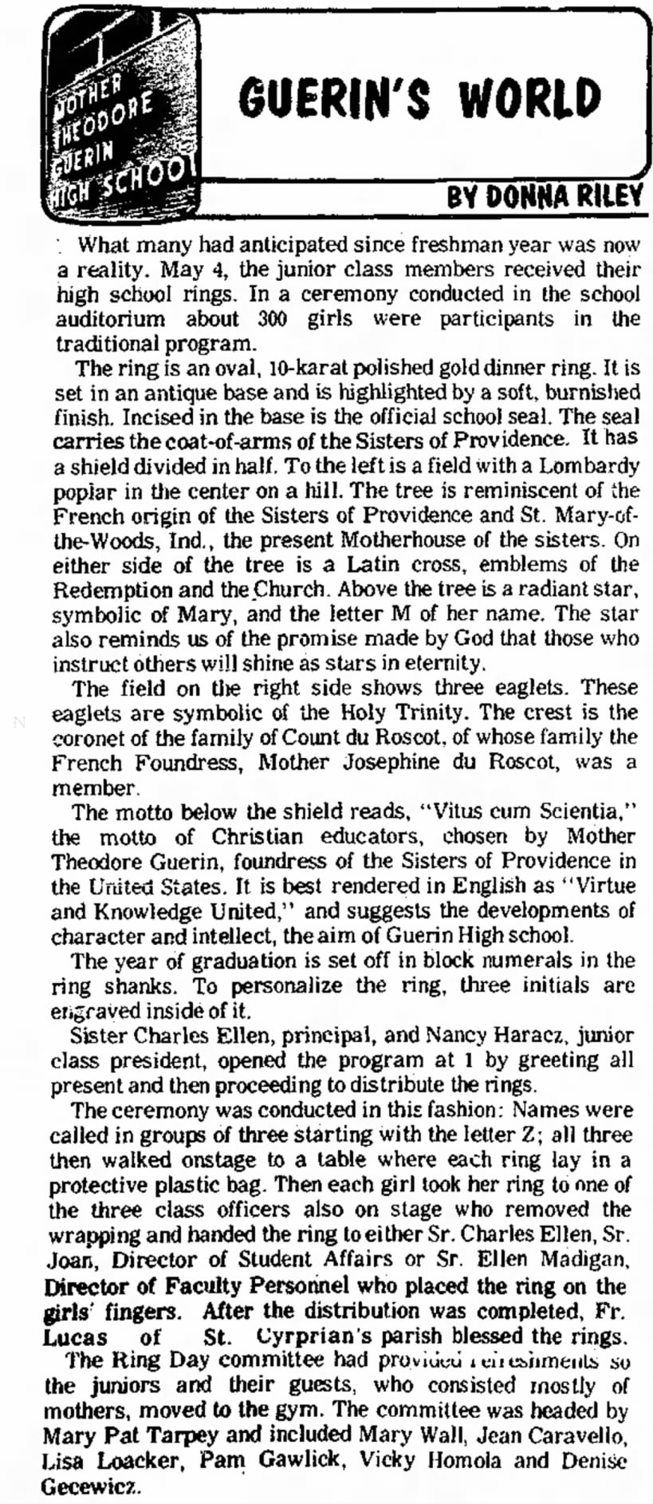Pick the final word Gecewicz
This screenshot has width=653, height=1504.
86,1486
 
